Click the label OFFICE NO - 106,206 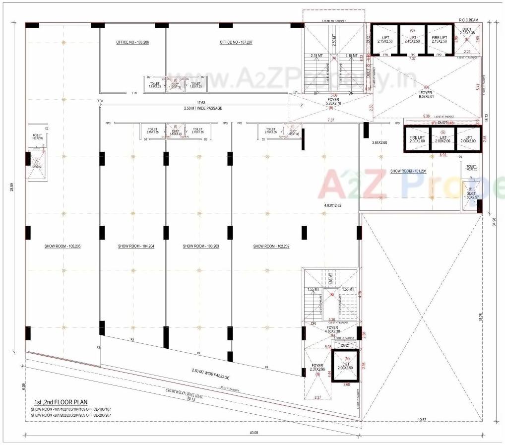132,43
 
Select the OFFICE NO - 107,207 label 236,43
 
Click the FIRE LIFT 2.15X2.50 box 440,39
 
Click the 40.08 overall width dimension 253,433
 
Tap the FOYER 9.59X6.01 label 426,95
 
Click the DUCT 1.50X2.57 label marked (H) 471,195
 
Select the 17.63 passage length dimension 200,103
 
